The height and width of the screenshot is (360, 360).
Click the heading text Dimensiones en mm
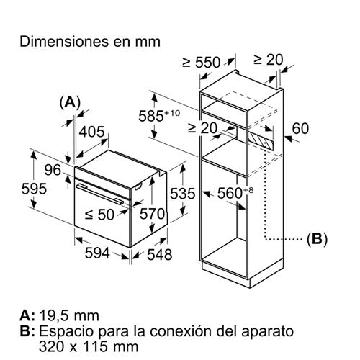[x=90, y=42]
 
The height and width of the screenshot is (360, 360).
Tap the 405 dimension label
[x=92, y=132]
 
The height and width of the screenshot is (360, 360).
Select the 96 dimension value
[x=53, y=170]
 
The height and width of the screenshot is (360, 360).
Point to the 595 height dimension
[x=34, y=189]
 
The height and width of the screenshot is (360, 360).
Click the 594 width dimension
[x=97, y=253]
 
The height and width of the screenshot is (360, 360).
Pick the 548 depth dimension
[x=160, y=254]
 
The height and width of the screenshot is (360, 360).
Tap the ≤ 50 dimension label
[x=99, y=215]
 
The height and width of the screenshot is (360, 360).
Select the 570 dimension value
[x=153, y=214]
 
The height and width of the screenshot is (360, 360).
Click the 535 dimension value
[x=183, y=194]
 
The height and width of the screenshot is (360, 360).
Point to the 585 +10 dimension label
[x=159, y=116]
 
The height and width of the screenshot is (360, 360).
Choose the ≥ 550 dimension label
[x=201, y=62]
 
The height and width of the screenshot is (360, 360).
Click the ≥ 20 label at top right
[x=269, y=60]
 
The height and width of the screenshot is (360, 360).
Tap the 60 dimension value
[x=300, y=128]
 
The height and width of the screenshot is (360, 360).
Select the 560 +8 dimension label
[x=235, y=193]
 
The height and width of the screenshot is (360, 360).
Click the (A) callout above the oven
[x=70, y=102]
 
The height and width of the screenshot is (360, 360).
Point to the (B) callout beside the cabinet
[x=317, y=239]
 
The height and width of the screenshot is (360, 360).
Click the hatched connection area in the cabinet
[x=261, y=140]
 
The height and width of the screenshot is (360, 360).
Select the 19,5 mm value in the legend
[x=69, y=316]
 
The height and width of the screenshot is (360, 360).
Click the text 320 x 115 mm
[x=89, y=346]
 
